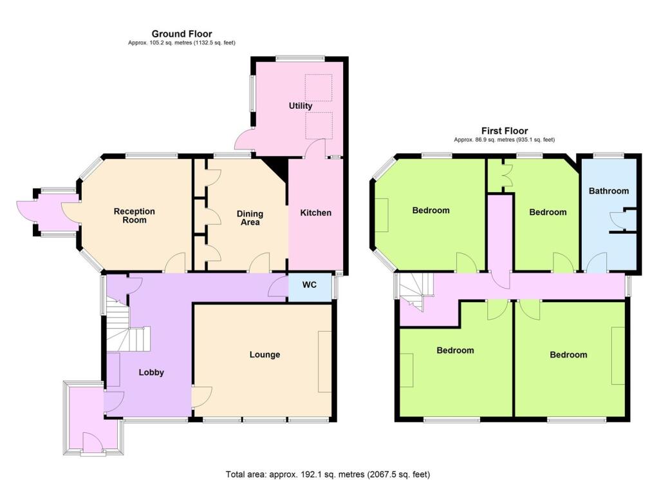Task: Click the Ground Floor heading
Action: [181, 34]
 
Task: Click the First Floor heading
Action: [505, 130]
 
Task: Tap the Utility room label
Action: [301, 106]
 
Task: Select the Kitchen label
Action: [315, 213]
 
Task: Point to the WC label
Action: [310, 285]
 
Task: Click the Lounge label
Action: [265, 354]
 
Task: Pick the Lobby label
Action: [151, 372]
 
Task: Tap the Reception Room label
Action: [135, 215]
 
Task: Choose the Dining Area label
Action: [250, 218]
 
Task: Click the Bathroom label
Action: [609, 191]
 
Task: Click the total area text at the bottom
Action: [328, 474]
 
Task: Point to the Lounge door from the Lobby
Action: [201, 396]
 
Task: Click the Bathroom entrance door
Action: [597, 262]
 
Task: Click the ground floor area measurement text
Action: [181, 43]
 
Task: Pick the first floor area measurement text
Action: [505, 140]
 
